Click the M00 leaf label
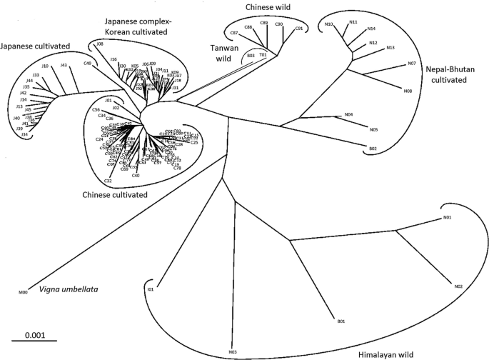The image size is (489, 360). point(23,292)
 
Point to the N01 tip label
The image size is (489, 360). point(448,217)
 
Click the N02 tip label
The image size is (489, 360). point(458,286)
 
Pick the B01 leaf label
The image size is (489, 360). point(341,322)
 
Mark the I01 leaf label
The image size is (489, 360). point(151,290)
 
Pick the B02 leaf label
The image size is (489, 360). point(373,149)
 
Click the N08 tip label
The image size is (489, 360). point(408,91)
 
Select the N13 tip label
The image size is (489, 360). point(390,48)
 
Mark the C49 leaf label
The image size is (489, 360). point(87,64)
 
